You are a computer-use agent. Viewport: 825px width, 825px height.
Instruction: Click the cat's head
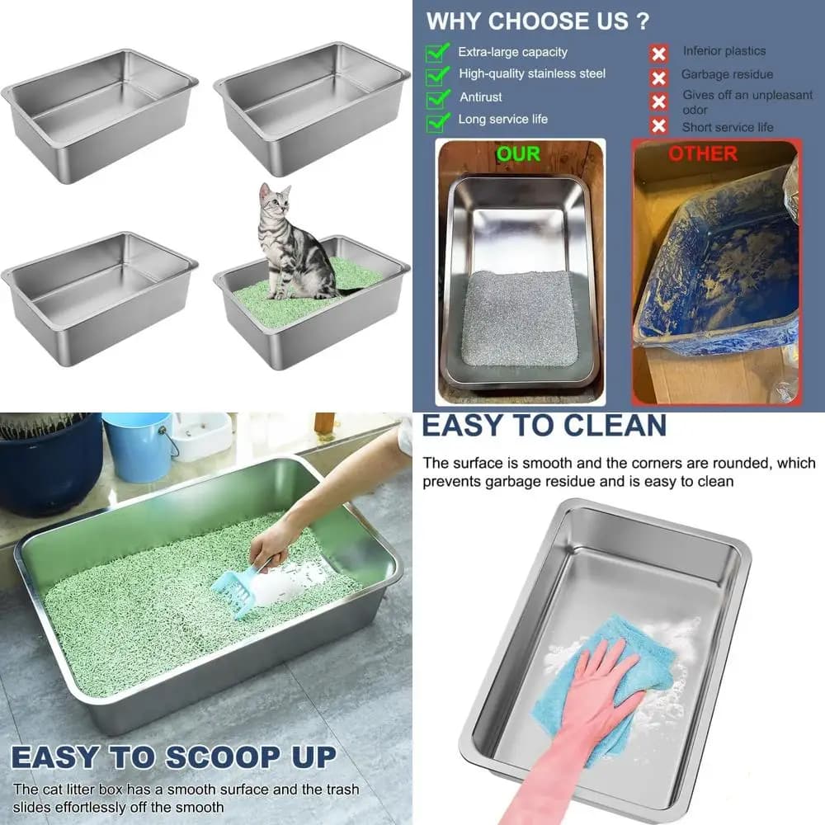275,199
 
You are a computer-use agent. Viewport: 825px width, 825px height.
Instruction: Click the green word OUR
518,153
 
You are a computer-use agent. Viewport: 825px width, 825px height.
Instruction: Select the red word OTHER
703,153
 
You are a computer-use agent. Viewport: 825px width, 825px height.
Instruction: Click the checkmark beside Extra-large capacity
437,53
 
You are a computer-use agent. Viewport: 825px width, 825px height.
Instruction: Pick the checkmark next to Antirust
437,98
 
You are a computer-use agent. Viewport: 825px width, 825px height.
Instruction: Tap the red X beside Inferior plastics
658,54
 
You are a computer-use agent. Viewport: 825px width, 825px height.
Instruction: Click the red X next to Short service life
658,125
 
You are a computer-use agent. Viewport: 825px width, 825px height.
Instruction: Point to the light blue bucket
138,447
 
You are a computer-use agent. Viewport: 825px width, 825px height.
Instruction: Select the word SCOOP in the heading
223,758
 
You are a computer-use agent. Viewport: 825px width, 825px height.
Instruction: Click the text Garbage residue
727,74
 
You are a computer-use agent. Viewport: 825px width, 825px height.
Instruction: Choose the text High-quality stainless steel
532,73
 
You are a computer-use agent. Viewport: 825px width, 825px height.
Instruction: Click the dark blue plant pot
50,463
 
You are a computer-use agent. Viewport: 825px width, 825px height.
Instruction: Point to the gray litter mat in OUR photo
520,318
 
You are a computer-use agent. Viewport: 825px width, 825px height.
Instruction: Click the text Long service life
502,120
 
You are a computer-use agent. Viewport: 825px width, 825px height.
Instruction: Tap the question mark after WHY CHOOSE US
643,21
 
